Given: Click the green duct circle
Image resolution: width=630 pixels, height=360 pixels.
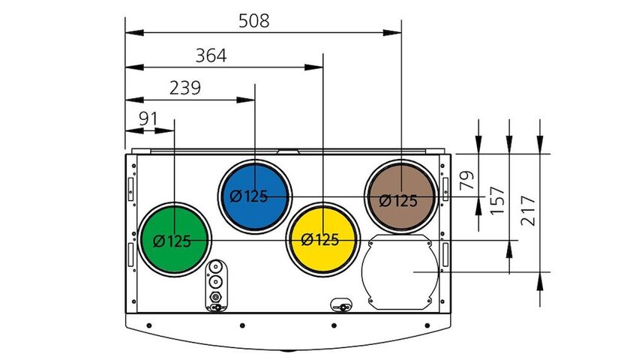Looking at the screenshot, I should [174, 239].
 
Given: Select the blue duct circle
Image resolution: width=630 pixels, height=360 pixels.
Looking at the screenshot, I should [255, 196].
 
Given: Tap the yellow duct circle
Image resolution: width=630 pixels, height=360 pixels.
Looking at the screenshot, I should [322, 239].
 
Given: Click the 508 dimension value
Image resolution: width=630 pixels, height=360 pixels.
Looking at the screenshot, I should [253, 21].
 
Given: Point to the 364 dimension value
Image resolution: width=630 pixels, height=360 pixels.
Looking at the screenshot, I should [211, 56].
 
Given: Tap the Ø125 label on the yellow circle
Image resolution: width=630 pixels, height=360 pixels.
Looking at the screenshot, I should [319, 241].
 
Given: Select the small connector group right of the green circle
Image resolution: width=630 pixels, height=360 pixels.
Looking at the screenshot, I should [216, 285].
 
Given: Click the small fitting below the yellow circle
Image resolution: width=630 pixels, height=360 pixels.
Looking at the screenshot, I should [341, 305].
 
